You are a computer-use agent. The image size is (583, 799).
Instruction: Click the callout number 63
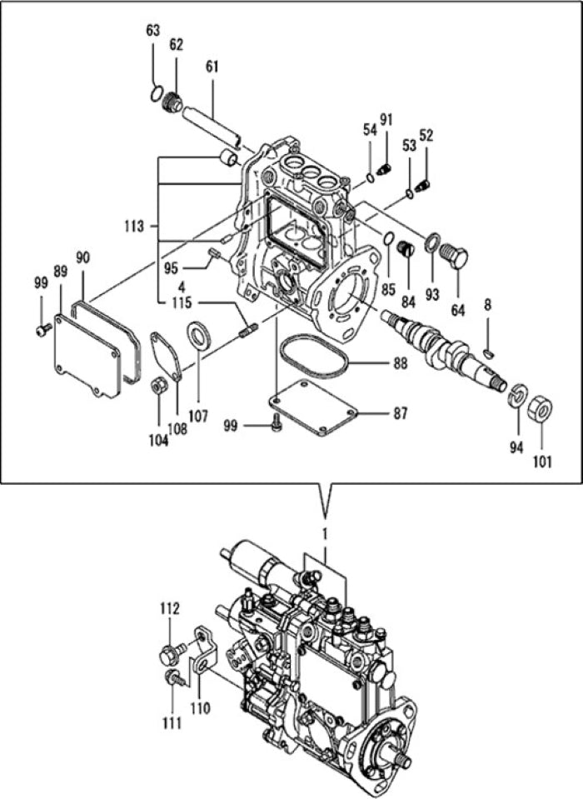click(x=152, y=31)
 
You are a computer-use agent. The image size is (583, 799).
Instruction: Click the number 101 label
click(x=542, y=459)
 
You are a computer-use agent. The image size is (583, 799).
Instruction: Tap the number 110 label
click(x=201, y=708)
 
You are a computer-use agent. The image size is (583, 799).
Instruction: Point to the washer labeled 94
click(x=516, y=395)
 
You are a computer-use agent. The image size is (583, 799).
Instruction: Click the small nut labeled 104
click(x=157, y=387)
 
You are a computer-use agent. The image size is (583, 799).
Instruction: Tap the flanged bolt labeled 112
click(x=168, y=655)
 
